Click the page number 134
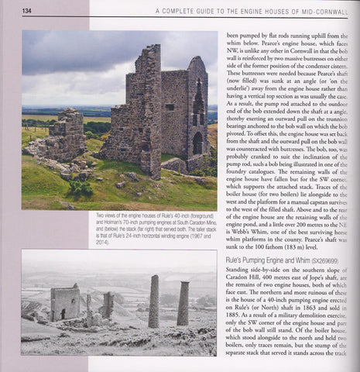point(27,11)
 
